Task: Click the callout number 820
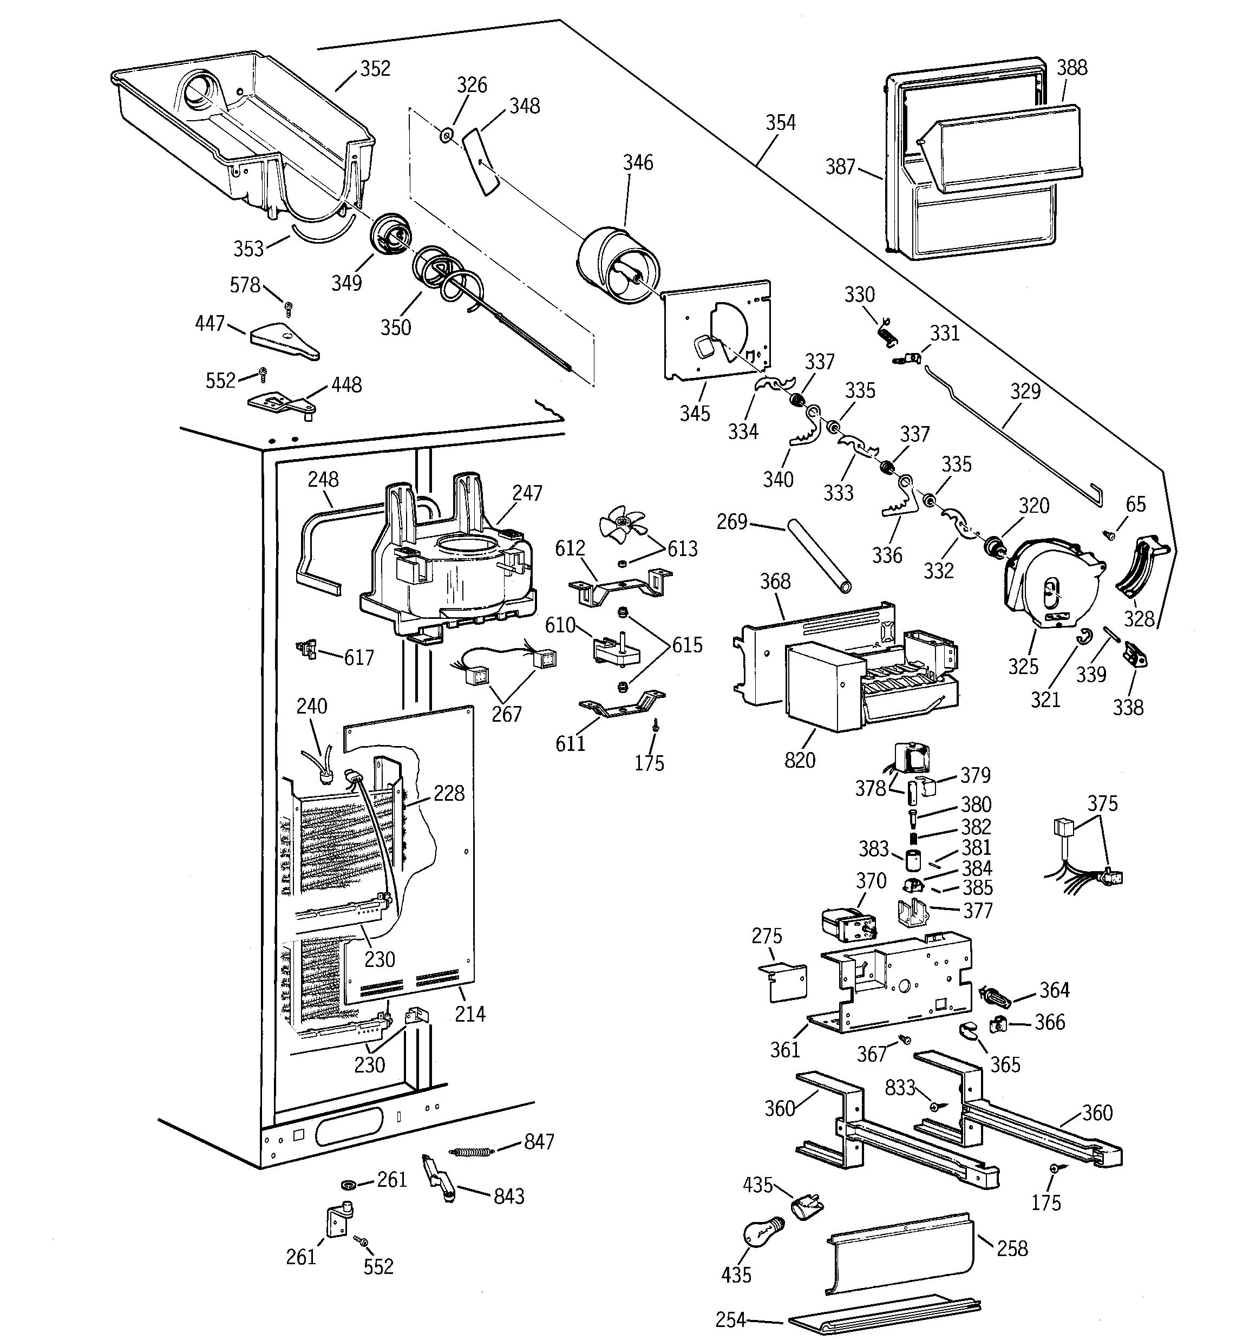tap(800, 760)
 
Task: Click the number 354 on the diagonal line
tap(780, 123)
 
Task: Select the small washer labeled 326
tap(446, 136)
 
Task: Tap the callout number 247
tap(527, 493)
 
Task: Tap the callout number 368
tap(775, 581)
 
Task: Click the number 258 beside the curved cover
tap(1012, 1249)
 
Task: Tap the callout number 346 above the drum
tap(637, 162)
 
